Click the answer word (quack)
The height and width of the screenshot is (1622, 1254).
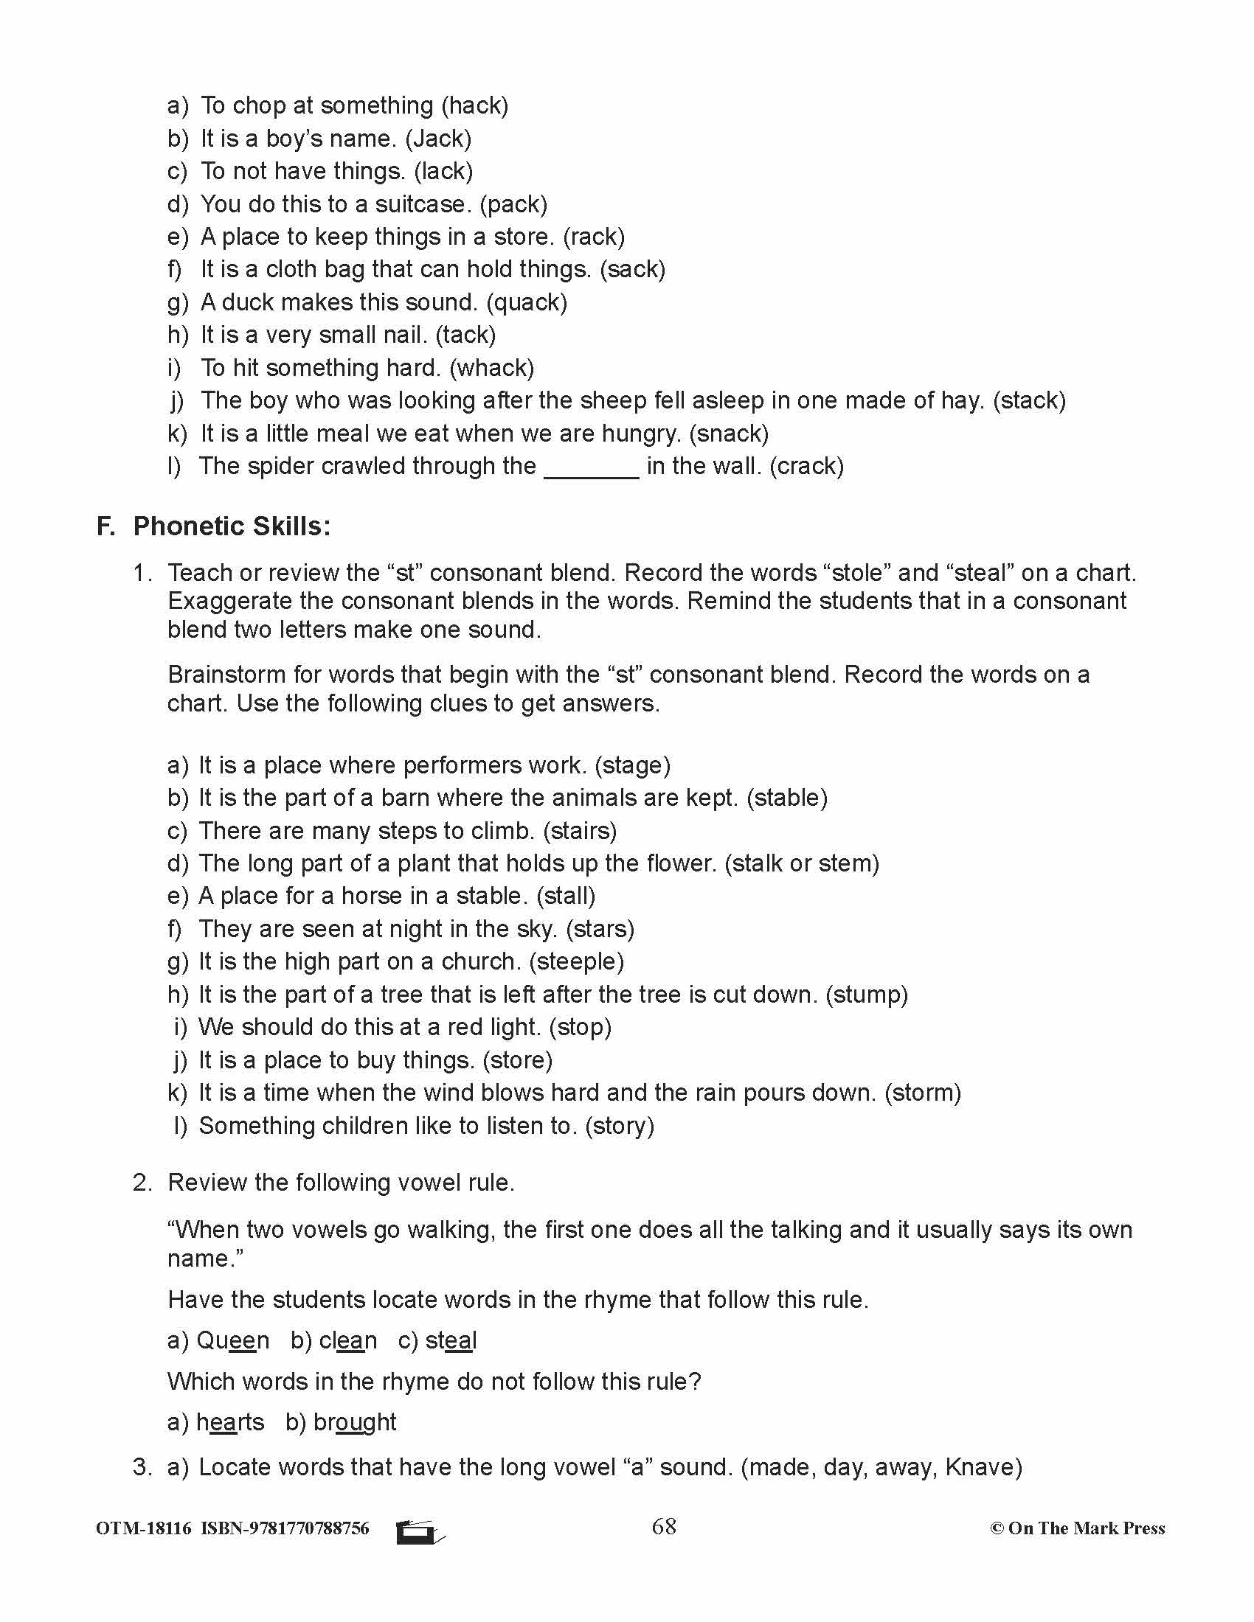point(526,302)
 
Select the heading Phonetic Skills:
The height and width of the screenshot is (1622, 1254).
point(232,526)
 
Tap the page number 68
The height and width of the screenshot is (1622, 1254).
point(663,1526)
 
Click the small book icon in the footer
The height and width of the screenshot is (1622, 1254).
point(419,1531)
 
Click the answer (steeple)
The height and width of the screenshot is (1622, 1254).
point(577,961)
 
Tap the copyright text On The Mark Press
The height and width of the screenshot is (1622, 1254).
point(1077,1528)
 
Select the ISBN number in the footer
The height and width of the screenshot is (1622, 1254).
point(285,1528)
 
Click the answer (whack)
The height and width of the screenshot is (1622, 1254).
point(492,368)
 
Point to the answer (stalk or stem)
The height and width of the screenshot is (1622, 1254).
point(802,863)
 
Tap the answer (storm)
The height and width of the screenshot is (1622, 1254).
point(923,1093)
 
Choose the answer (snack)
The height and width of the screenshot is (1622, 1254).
point(729,433)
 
